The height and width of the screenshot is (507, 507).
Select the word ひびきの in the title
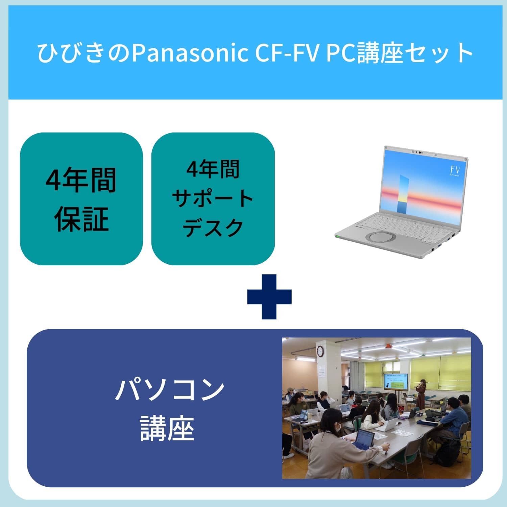(83, 53)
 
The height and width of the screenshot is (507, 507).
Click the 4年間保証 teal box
(81, 199)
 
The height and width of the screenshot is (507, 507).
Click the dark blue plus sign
(269, 296)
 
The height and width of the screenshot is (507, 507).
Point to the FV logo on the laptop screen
(455, 169)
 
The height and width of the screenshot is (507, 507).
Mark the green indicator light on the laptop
(337, 236)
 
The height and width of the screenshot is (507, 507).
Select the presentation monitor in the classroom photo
(396, 382)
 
